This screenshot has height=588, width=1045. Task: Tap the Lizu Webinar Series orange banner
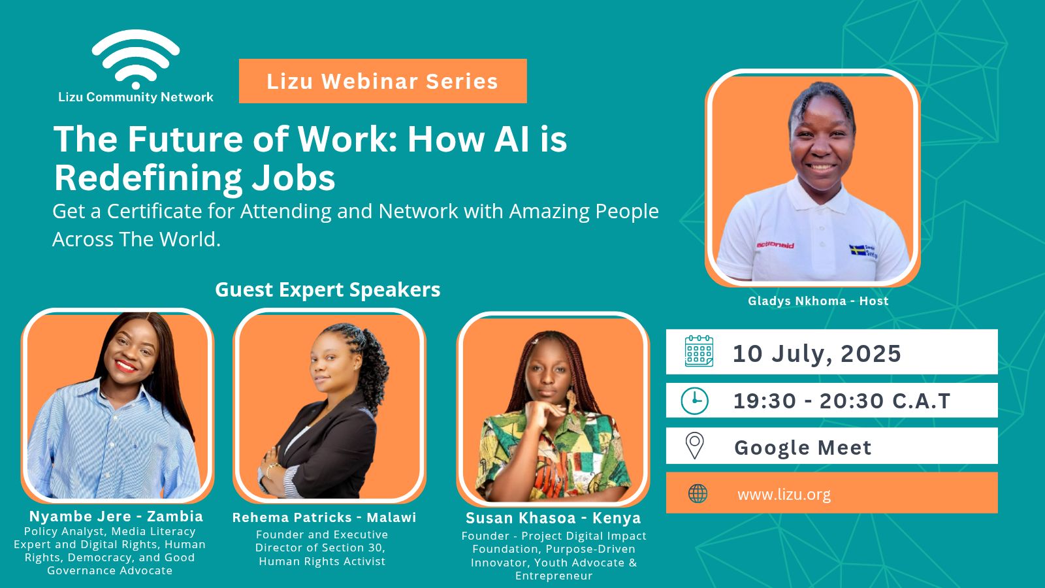tap(383, 81)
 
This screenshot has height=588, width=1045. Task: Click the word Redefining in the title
tap(148, 178)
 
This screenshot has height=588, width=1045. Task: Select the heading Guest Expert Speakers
tap(327, 290)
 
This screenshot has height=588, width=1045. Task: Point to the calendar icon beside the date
tap(699, 351)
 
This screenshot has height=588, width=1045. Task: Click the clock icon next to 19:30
tap(695, 401)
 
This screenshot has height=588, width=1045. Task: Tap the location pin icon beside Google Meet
tap(695, 446)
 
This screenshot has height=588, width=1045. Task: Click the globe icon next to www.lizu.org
tap(698, 493)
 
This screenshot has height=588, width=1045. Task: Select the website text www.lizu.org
tap(784, 494)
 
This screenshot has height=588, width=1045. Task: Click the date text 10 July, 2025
tap(817, 353)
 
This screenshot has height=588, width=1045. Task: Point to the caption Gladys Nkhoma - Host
tap(818, 301)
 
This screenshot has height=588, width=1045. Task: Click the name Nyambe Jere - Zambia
tap(116, 516)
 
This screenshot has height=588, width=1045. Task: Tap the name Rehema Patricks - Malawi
tap(324, 517)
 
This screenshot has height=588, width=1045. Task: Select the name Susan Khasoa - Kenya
tap(553, 518)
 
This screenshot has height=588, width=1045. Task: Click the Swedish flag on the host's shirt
tap(857, 251)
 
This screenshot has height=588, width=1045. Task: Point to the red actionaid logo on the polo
tap(775, 245)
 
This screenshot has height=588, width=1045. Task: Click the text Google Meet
tap(803, 448)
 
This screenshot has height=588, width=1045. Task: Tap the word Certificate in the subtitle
tap(154, 212)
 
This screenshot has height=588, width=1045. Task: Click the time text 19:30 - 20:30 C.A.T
tap(842, 401)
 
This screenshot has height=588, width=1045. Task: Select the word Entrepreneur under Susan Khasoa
tap(554, 576)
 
